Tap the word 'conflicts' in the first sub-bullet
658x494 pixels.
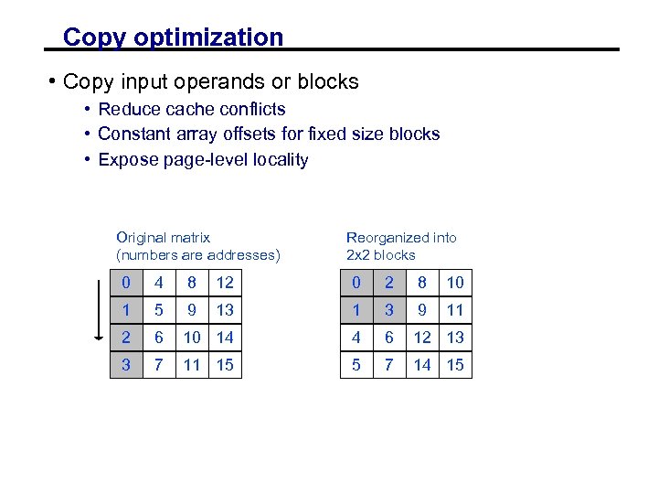251,110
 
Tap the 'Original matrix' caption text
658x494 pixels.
164,238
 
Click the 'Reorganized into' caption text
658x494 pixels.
401,238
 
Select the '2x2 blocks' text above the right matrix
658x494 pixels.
380,255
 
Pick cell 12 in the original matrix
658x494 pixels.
225,284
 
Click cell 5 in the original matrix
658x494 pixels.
160,310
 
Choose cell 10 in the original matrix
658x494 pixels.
192,338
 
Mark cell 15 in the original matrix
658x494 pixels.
225,365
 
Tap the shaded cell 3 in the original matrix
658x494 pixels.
126,365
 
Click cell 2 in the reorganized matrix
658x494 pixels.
389,284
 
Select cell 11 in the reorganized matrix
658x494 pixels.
455,310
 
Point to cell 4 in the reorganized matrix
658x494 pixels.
356,338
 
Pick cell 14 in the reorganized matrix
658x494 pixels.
422,365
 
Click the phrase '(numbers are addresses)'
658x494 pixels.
198,255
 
